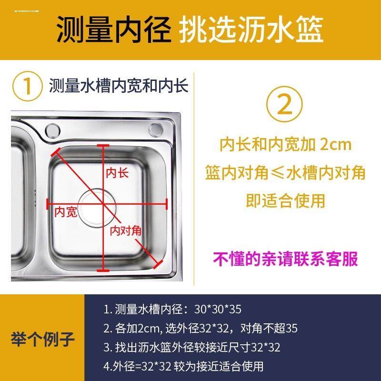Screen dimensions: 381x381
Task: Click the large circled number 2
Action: tap(285, 106)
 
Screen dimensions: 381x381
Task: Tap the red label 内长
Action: tap(117, 172)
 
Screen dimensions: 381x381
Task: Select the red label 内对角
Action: tap(126, 231)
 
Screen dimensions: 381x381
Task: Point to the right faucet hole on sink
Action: tap(155, 129)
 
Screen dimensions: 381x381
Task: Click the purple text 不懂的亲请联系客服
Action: tap(285, 259)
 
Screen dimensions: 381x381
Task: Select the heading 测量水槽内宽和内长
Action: tap(119, 87)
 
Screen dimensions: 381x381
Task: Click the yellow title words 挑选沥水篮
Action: tap(252, 30)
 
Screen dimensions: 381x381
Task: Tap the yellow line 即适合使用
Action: tap(285, 201)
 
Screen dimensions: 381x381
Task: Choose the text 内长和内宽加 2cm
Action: tap(285, 144)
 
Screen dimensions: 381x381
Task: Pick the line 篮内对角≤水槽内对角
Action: tap(285, 172)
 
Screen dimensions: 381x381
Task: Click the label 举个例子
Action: tap(43, 340)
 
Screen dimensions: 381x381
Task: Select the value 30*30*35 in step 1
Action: tap(219, 310)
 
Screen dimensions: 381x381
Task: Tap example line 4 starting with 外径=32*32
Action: tap(183, 366)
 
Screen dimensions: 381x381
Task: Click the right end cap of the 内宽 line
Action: tap(167, 203)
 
